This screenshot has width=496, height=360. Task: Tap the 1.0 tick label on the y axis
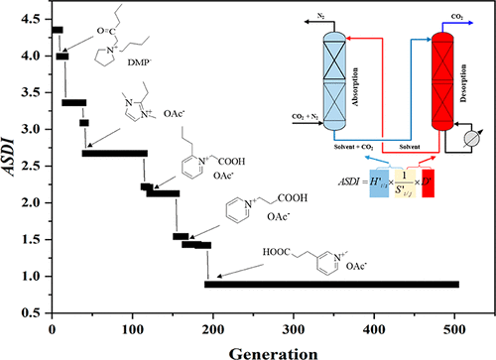(x=35, y=277)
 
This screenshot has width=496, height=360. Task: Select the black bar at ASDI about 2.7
(x=114, y=153)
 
